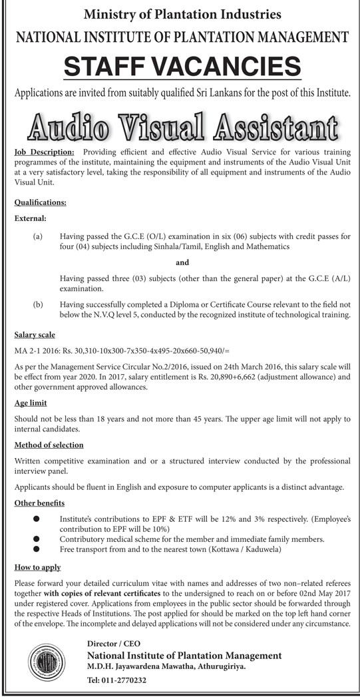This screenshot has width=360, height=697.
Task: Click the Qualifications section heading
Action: click(40, 200)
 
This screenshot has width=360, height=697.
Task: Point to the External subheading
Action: click(29, 217)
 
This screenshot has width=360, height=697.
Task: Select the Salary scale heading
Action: click(35, 335)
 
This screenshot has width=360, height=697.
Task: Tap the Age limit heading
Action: click(31, 403)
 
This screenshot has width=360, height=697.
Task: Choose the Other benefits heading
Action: click(39, 503)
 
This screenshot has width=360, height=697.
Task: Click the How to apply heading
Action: click(37, 567)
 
